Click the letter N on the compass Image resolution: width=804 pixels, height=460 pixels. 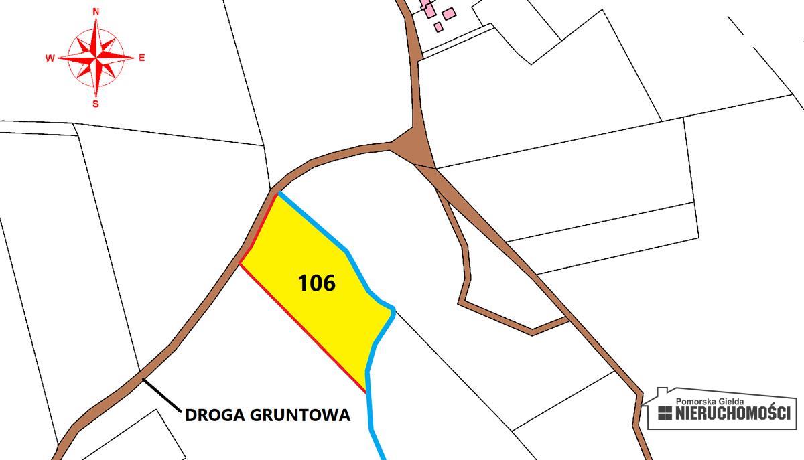point(96,12)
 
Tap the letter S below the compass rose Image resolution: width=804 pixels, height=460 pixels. point(96,104)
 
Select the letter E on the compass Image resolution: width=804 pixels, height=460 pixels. point(142,58)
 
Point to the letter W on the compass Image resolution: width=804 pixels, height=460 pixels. point(50,58)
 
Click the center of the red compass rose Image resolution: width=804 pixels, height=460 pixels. point(96,58)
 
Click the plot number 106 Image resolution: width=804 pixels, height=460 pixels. point(316,283)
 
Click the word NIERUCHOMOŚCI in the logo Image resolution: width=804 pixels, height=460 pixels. point(734,413)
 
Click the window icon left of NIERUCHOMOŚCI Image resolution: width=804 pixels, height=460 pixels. point(665,414)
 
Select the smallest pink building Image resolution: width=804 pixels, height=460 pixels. point(438,27)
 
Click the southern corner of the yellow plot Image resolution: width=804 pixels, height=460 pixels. point(366,392)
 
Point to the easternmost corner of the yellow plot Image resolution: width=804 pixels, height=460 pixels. point(393,309)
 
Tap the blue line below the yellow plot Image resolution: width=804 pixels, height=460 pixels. point(374,429)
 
